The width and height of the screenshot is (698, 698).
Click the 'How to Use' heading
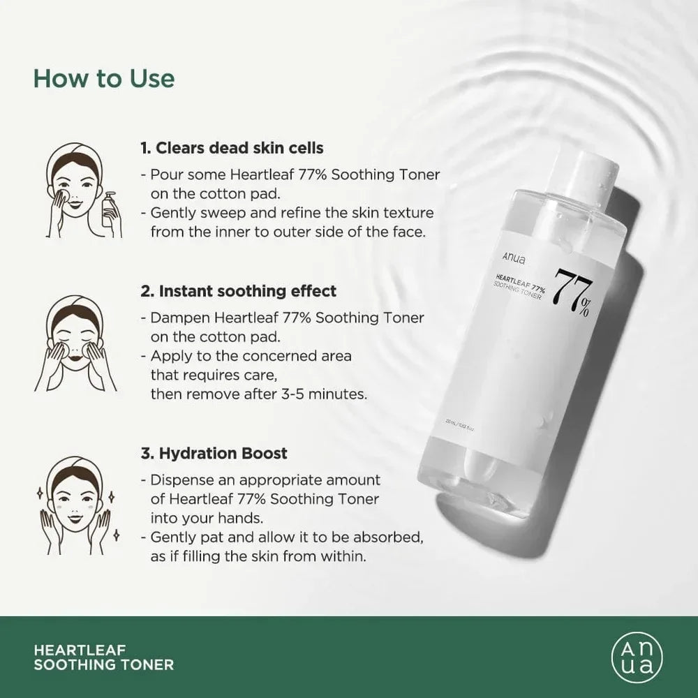[104, 78]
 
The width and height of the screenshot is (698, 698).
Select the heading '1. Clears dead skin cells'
[232, 148]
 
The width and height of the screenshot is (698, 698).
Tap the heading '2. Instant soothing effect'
[239, 290]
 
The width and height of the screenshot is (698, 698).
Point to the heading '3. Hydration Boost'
[214, 453]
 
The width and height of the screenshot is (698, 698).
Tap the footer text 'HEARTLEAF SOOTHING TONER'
[103, 657]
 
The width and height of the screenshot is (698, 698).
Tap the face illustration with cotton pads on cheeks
[76, 341]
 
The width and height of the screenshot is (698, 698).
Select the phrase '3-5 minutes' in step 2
[330, 394]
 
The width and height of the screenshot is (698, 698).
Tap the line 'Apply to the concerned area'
[250, 356]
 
